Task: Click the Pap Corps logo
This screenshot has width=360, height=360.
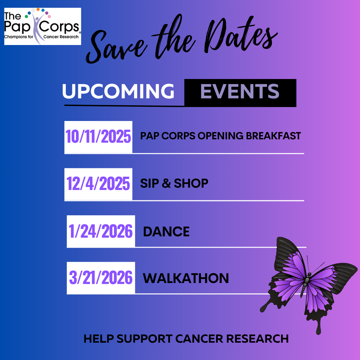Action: click(42, 26)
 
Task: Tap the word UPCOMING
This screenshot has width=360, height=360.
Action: click(118, 91)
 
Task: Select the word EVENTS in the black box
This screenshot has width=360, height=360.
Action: click(240, 91)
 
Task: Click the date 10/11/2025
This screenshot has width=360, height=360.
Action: click(98, 136)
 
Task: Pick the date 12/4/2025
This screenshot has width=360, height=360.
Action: click(98, 183)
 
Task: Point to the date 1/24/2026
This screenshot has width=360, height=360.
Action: click(101, 231)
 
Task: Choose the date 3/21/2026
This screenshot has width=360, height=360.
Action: click(101, 278)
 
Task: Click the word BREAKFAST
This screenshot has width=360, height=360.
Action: click(273, 136)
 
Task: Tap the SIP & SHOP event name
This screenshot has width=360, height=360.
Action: click(174, 183)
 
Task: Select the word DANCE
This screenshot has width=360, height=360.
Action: click(166, 231)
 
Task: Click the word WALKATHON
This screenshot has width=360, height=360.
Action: click(186, 278)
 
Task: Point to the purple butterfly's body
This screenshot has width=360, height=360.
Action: click(305, 284)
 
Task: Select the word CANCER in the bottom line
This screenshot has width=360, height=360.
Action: click(199, 339)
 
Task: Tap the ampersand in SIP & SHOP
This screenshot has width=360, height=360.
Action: click(166, 183)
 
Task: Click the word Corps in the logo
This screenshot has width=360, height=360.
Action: click(59, 27)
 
